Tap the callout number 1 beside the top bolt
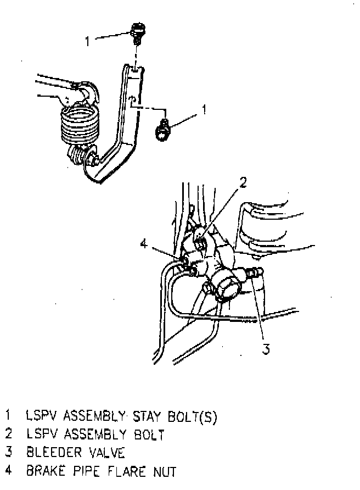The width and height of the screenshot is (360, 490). click(x=87, y=40)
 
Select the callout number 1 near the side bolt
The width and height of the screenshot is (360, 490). click(x=204, y=110)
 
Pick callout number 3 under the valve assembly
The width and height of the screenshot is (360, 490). click(x=266, y=349)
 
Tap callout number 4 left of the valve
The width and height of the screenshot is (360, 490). click(x=143, y=243)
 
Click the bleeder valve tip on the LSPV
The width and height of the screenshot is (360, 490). click(x=256, y=272)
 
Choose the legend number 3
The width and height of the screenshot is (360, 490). click(x=8, y=452)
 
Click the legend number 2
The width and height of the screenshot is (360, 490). click(x=8, y=434)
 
